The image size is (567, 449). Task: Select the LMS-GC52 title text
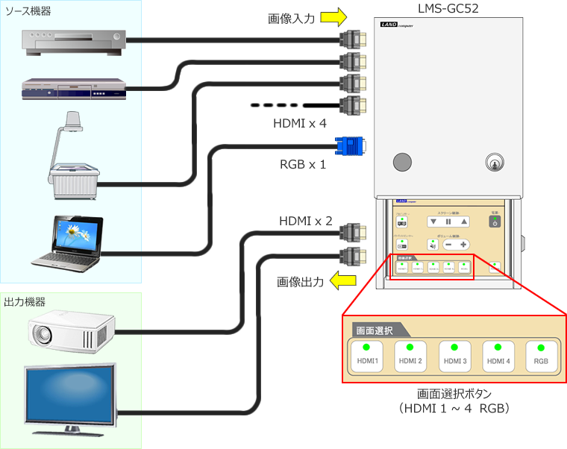448,9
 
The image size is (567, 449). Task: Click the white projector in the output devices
71,329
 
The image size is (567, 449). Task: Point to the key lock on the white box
492,162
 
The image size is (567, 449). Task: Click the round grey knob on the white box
402,162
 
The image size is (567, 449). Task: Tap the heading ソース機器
28,11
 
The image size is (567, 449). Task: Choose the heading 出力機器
24,302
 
